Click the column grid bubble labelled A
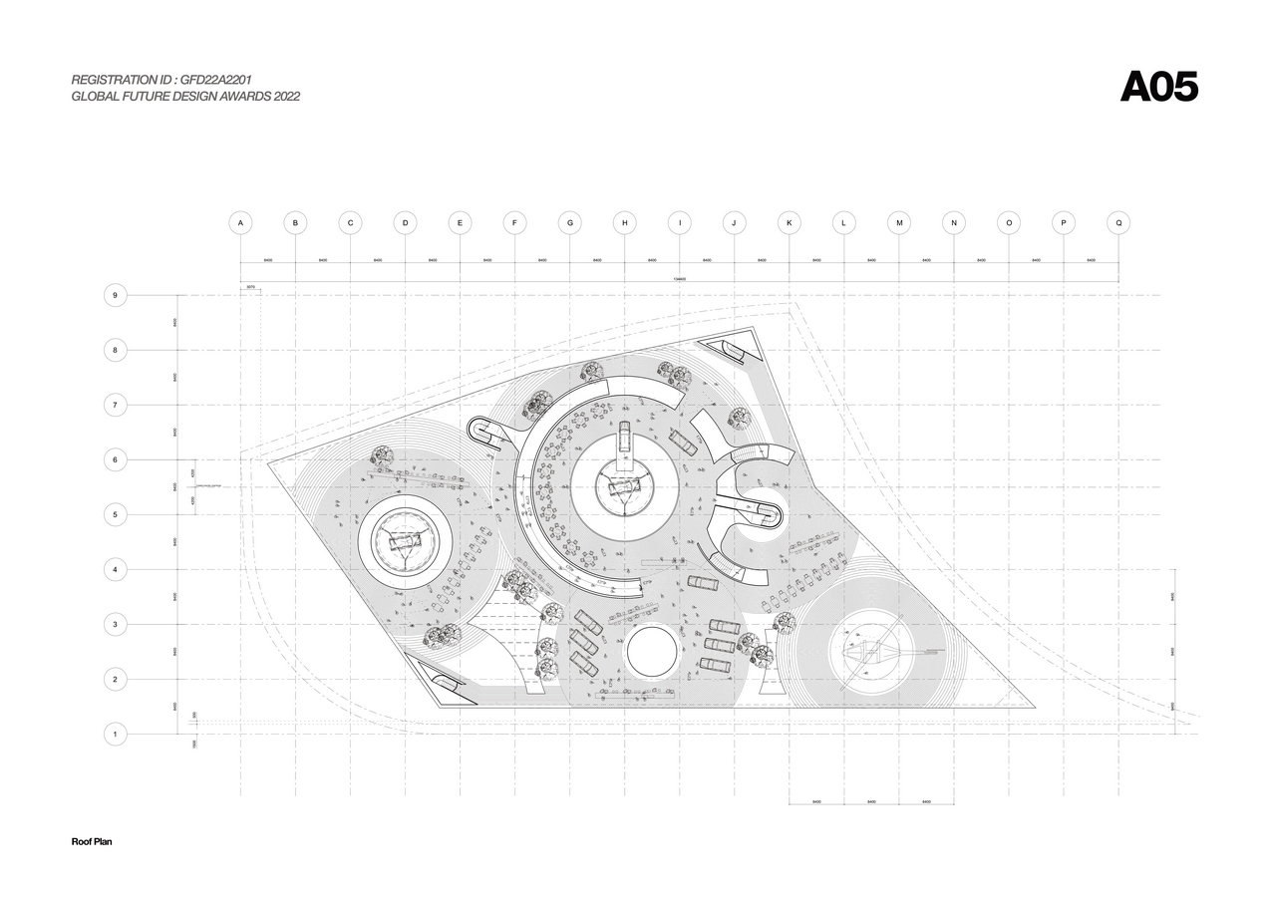pyautogui.click(x=239, y=223)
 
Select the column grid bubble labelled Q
pyautogui.click(x=1118, y=223)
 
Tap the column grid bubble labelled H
pyautogui.click(x=624, y=223)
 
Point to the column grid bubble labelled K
pyautogui.click(x=789, y=223)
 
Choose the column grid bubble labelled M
pyautogui.click(x=898, y=223)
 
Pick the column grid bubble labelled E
pyautogui.click(x=460, y=223)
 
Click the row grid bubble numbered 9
pyautogui.click(x=116, y=295)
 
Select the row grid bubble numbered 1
pyautogui.click(x=116, y=735)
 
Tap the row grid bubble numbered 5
pyautogui.click(x=116, y=514)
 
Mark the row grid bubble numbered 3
pyautogui.click(x=116, y=625)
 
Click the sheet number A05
pyautogui.click(x=1158, y=88)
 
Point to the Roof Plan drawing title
pyautogui.click(x=92, y=842)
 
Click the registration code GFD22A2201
pyautogui.click(x=222, y=79)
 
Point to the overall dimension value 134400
pyautogui.click(x=679, y=280)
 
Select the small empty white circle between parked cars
pyautogui.click(x=651, y=651)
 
